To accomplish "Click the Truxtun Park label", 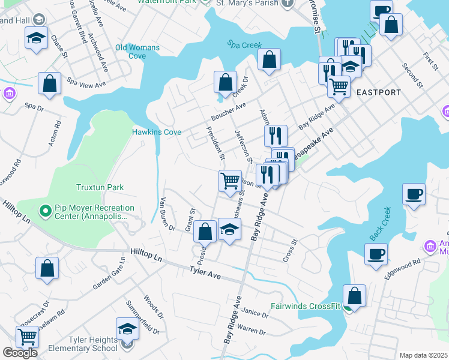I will tap(100, 187).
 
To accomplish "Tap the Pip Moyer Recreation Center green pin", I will tap(45, 211).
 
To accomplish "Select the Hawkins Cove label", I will tap(157, 132).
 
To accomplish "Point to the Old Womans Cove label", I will tap(137, 52).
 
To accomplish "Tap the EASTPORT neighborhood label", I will tap(378, 92).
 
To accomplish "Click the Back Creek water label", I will tap(382, 220).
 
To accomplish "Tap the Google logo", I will tap(20, 353).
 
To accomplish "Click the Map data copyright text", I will tap(423, 355).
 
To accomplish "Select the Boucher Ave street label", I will tap(228, 111).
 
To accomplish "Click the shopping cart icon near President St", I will tap(230, 181).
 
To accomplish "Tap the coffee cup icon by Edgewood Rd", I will tap(376, 253).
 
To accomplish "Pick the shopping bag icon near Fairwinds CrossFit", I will tap(355, 295).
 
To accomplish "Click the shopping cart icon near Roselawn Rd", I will tap(27, 337).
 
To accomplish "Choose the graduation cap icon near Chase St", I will tap(37, 38).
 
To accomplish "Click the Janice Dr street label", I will tap(255, 313).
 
